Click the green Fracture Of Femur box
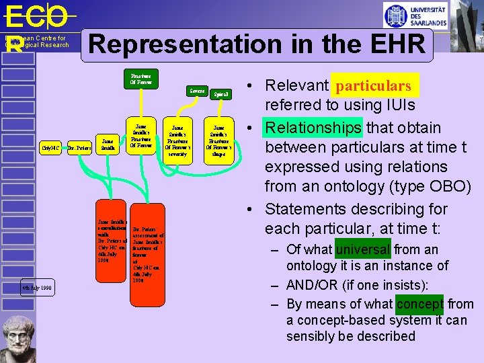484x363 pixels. tap(142, 79)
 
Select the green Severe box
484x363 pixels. tap(197, 90)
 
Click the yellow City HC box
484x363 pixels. tap(51, 146)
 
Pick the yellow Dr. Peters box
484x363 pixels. tap(80, 146)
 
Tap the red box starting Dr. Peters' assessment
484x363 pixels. tap(147, 252)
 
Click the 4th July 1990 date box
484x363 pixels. tap(36, 288)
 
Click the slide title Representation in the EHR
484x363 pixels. tap(257, 45)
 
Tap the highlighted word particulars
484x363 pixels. tap(374, 85)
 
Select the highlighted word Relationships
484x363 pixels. tap(314, 128)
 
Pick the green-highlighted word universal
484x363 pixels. tap(363, 249)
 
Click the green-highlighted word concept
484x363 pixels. tap(420, 304)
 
